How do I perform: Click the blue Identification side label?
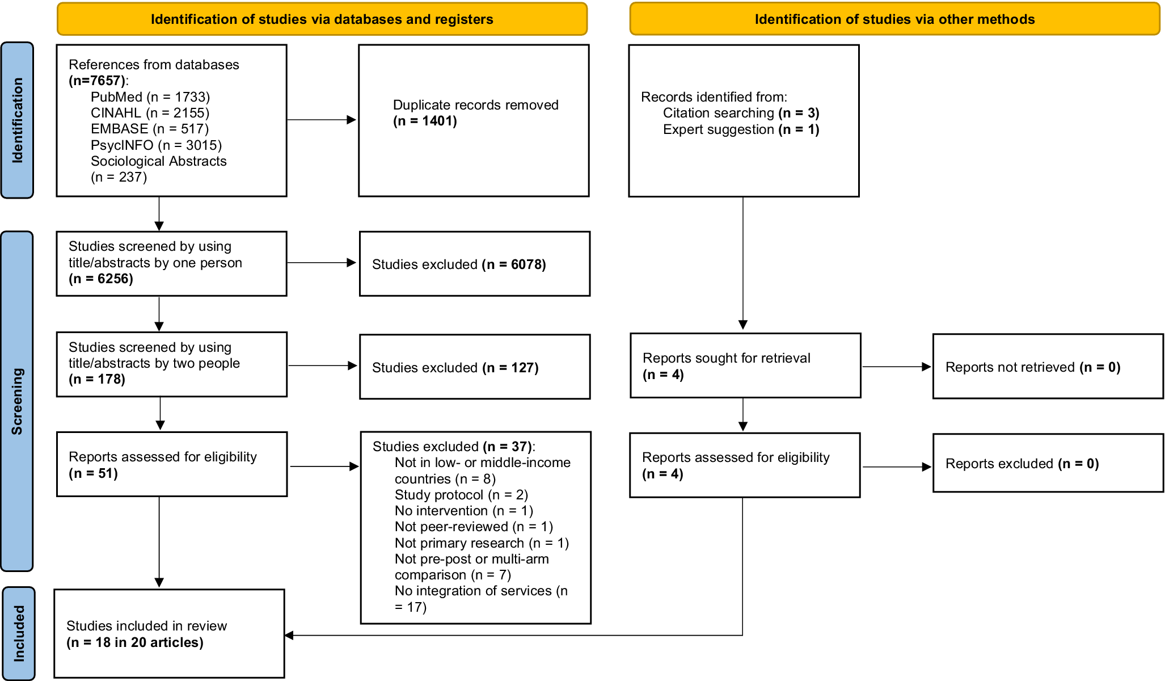coord(17,120)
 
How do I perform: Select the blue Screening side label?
coord(17,401)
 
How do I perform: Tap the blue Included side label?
coord(19,633)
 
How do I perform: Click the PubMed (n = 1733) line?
coord(150,97)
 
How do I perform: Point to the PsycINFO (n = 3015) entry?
coord(156,145)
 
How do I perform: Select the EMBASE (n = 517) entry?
coord(150,129)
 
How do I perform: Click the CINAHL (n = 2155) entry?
coord(150,113)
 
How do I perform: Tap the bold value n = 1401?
coord(425,121)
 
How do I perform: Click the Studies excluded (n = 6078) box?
coord(475,264)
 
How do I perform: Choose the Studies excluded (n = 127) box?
coord(475,367)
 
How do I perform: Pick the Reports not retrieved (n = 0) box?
coord(1048,367)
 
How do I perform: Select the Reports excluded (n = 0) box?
coord(1048,463)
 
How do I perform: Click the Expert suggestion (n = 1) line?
coord(741,129)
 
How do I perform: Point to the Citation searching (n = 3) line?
coord(741,113)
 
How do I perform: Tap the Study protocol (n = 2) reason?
coord(461,495)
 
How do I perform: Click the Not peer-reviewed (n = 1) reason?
coord(474,527)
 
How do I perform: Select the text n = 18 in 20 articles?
coord(135,642)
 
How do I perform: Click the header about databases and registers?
coord(322,19)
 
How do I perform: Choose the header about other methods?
coord(895,19)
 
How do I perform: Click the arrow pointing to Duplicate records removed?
coord(322,120)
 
